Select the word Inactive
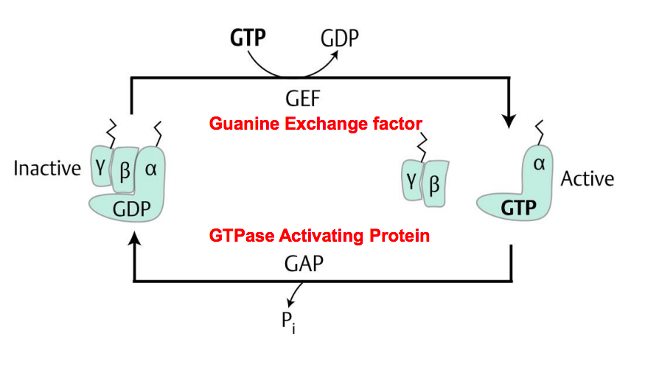coord(46,169)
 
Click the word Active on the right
coord(587,178)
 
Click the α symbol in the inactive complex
coord(152,169)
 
